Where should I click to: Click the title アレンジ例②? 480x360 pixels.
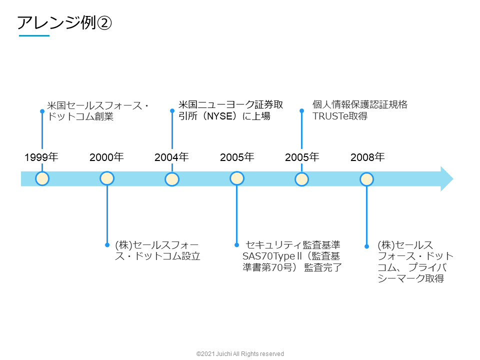tap(64, 22)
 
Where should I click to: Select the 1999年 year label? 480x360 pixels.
tap(41, 157)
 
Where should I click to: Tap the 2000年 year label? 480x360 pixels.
tap(106, 157)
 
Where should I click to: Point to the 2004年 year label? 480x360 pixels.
tap(171, 157)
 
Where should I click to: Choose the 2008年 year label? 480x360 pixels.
tap(367, 157)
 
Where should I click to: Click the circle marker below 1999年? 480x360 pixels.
tap(42, 178)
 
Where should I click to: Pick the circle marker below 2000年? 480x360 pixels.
tap(107, 178)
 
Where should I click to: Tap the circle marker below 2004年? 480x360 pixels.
tap(172, 178)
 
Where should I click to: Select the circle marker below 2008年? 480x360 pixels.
tap(367, 178)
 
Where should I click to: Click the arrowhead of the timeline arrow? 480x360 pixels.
tap(446, 178)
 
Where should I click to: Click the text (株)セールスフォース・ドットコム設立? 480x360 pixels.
tap(157, 250)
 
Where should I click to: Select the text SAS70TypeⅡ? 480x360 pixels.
tap(265, 256)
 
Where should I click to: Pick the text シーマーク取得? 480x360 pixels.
tap(410, 279)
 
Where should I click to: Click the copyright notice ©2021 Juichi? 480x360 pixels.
tap(240, 353)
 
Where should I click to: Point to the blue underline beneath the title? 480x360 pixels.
tap(34, 36)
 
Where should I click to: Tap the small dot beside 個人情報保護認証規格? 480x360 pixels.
tap(301, 110)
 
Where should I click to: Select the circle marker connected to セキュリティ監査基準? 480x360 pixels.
tap(237, 178)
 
